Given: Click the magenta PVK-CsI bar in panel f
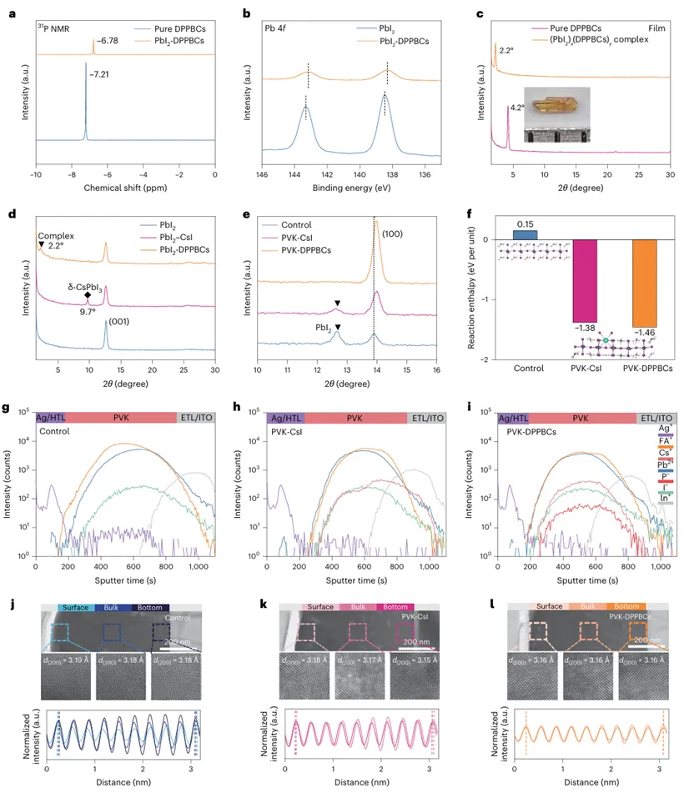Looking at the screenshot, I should tap(585, 281).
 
